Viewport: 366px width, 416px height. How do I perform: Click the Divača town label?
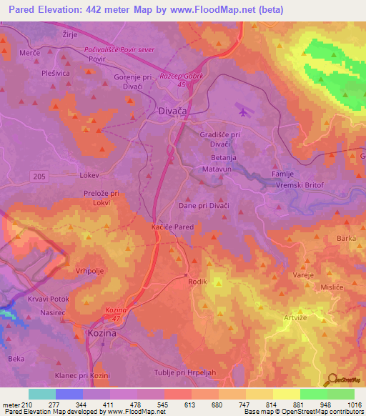pos(172,112)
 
